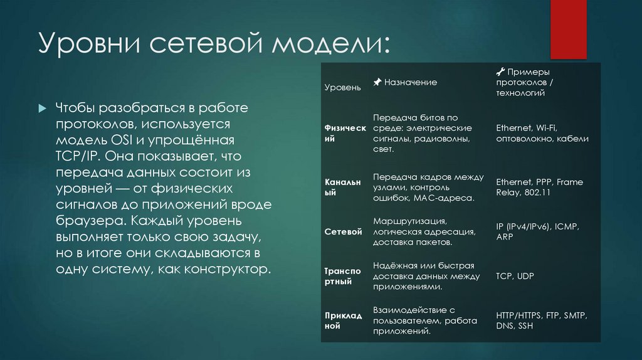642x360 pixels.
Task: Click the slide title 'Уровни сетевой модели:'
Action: tap(213, 46)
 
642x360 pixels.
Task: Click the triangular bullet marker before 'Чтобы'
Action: tap(41, 109)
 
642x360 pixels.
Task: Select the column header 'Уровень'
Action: tap(342, 87)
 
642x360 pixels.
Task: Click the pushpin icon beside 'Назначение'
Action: tap(377, 82)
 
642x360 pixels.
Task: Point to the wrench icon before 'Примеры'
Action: tap(500, 71)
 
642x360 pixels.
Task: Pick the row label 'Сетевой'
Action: tap(343, 232)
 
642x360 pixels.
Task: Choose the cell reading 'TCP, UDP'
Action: tap(515, 276)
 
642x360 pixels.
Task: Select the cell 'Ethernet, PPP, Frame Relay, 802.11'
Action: tap(539, 188)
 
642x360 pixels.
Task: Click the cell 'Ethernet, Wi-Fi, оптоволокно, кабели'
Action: tap(542, 133)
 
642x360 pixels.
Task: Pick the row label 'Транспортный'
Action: tap(342, 277)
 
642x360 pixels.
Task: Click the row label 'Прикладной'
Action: tap(343, 320)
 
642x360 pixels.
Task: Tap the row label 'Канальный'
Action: tap(342, 188)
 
